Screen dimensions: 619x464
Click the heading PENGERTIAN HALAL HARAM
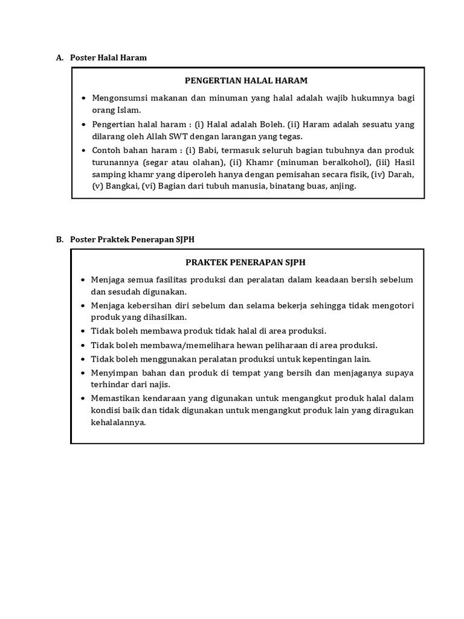pyautogui.click(x=246, y=80)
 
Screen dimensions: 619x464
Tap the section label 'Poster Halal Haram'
pyautogui.click(x=109, y=57)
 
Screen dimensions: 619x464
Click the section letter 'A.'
pyautogui.click(x=60, y=57)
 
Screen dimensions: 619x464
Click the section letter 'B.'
pyautogui.click(x=60, y=239)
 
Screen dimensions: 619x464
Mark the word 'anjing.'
pyautogui.click(x=342, y=186)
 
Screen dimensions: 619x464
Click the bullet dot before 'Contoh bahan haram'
pyautogui.click(x=83, y=151)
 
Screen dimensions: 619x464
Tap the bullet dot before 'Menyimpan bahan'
pyautogui.click(x=83, y=373)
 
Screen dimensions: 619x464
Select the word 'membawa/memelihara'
pyautogui.click(x=180, y=345)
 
